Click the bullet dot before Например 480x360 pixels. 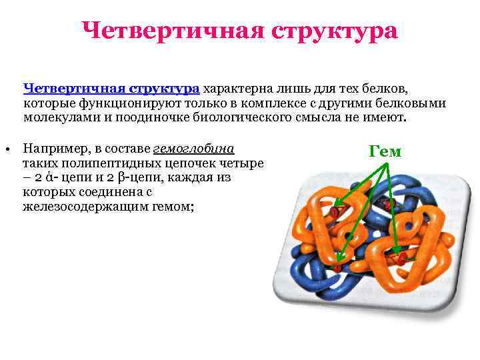[x=5, y=149]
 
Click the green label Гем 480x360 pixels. [x=385, y=151]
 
